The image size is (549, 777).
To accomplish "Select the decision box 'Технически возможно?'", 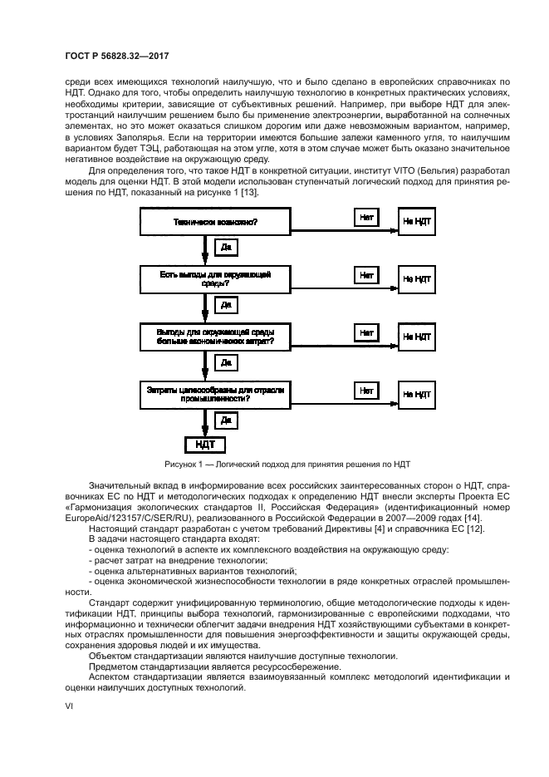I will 214,222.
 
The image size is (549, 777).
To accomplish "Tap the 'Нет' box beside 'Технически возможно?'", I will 365,217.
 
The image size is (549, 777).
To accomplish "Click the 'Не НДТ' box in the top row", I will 417,222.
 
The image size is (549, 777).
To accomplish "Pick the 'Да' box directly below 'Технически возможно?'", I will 225,247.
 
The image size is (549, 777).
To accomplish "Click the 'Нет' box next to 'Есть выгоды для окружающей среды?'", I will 365,274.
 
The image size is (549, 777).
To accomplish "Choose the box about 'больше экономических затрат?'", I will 214,337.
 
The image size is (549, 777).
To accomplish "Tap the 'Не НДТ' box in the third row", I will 417,337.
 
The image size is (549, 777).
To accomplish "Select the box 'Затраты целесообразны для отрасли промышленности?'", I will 214,394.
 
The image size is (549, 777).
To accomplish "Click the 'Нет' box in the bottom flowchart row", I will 365,389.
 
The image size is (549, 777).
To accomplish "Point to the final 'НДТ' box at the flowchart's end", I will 204,445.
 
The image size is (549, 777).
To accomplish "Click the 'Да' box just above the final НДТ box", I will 225,420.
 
